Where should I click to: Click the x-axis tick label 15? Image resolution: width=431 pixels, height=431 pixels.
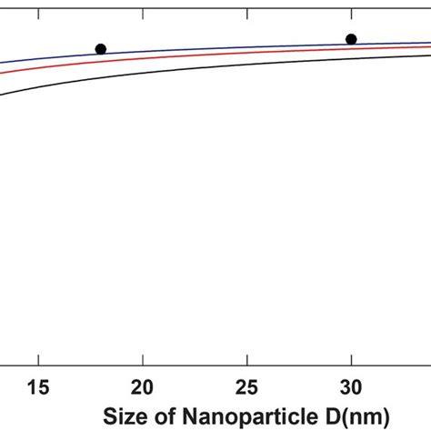[38, 386]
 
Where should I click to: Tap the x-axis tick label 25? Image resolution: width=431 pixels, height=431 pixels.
[246, 386]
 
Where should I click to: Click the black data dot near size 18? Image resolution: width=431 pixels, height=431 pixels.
[101, 49]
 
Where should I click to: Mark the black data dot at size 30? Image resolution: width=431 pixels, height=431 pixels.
[351, 39]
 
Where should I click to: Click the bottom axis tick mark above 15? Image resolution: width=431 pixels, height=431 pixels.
[38, 362]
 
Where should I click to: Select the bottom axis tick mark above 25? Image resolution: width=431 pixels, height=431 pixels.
[246, 362]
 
